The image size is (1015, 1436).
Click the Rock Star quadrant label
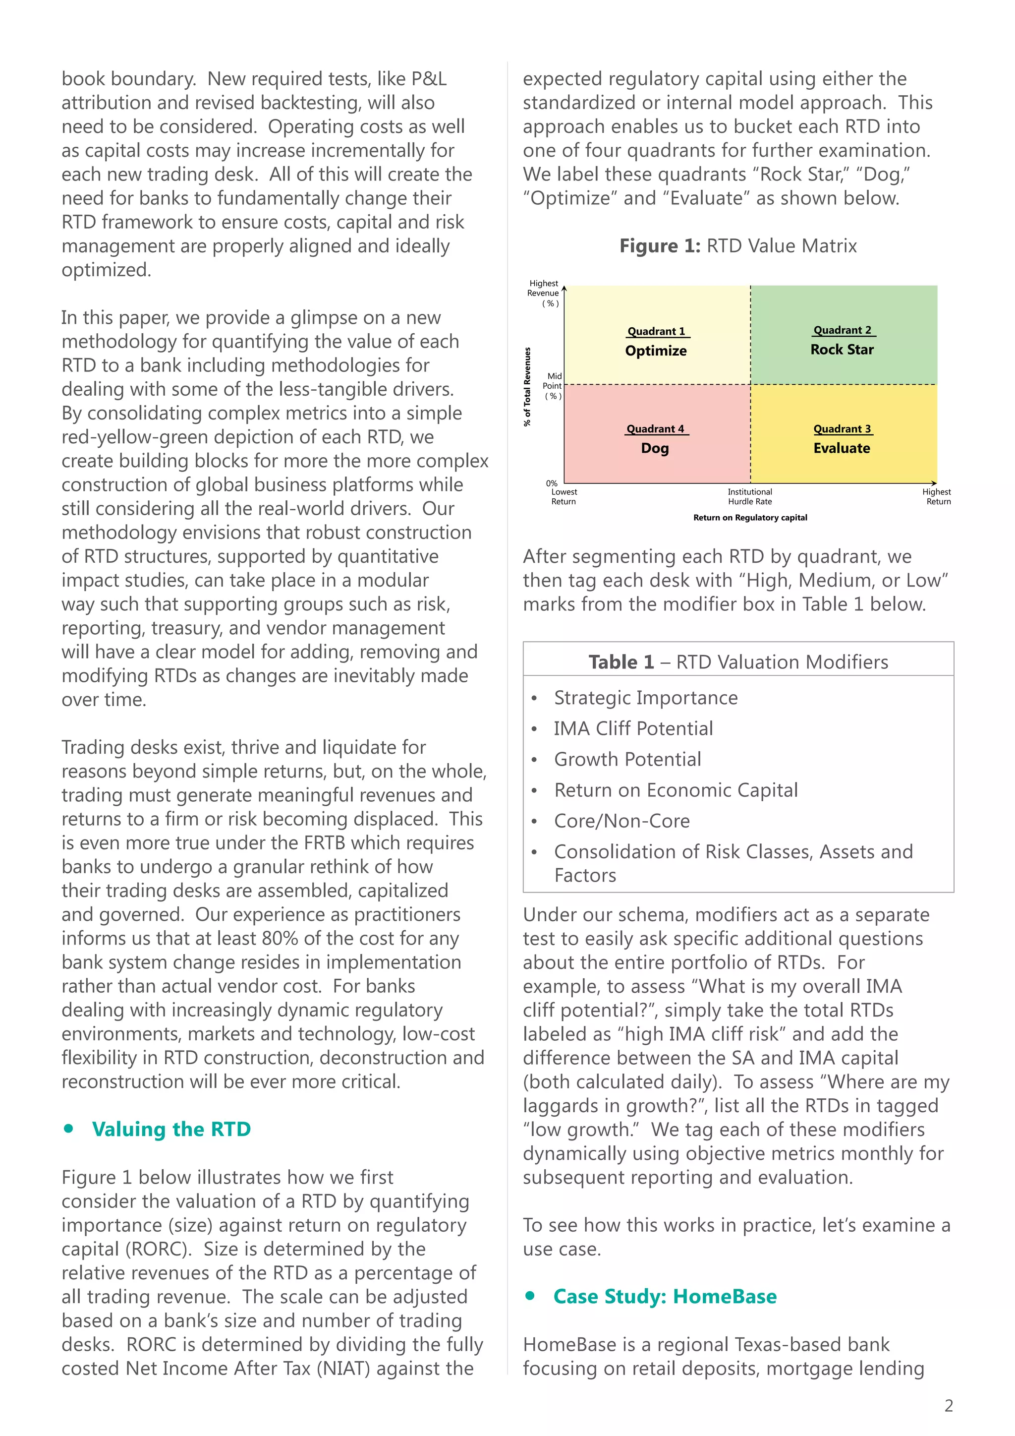pos(842,350)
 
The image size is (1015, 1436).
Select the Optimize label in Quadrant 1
pos(656,351)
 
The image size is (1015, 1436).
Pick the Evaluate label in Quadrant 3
pos(841,448)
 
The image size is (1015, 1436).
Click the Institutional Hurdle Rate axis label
pos(749,496)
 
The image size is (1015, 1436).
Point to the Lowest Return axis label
pos(564,496)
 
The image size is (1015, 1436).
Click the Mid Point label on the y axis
pos(553,386)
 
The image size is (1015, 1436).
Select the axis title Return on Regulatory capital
pos(750,517)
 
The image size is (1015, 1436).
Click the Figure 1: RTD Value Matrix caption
pos(738,246)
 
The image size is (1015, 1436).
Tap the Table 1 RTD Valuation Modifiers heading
pos(738,661)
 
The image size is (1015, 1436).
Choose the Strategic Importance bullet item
pos(646,697)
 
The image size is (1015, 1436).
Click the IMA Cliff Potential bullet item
pos(633,728)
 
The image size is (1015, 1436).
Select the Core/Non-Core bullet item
pos(622,821)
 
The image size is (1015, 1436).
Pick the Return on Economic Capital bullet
pos(676,790)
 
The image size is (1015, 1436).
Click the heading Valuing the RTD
pos(171,1129)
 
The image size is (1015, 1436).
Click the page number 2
pos(949,1406)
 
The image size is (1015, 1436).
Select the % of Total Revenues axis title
pos(527,386)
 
